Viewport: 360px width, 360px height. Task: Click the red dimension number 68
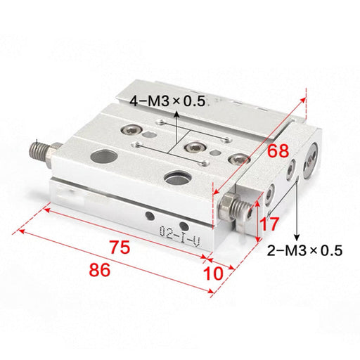(278, 151)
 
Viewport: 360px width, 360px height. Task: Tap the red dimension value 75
(120, 247)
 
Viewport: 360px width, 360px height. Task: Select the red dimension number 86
(99, 270)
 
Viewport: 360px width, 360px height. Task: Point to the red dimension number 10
(213, 274)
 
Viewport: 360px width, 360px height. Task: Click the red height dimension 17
(269, 224)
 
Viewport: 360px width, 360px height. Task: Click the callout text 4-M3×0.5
(167, 101)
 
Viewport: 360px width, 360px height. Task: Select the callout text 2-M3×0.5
(304, 250)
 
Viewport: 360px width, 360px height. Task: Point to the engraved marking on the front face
(180, 236)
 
